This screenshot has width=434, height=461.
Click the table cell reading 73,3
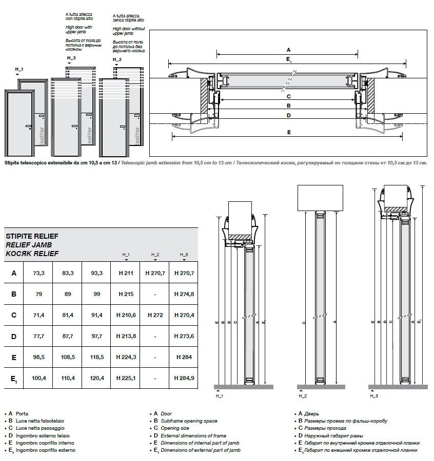pos(39,273)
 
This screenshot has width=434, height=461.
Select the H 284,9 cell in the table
pos(184,379)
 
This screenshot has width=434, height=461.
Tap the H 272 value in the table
pos(155,315)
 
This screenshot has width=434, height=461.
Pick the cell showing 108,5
pos(68,357)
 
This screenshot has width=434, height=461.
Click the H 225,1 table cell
pos(126,379)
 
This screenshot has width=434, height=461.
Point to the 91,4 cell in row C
pos(96,315)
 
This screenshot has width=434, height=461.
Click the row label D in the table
pos(14,336)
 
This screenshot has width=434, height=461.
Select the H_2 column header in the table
pos(155,255)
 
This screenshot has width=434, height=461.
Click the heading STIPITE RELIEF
pos(31,237)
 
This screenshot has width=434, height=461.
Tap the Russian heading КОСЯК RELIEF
pos(31,254)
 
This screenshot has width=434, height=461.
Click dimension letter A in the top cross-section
pos(288,50)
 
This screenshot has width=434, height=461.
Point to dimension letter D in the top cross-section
pos(288,116)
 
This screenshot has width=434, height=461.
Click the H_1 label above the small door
pos(19,69)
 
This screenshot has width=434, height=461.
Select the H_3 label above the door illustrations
pos(71,58)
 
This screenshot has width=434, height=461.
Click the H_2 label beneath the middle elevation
pos(302,396)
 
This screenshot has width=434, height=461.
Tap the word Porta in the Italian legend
pos(22,413)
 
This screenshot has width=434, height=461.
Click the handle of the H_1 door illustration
pos(28,126)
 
